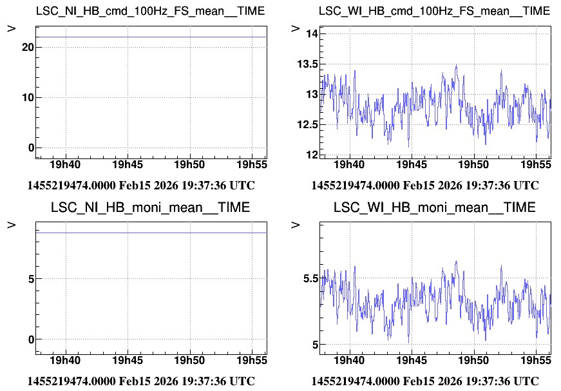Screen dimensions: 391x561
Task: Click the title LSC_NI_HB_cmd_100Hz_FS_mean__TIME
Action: (x=141, y=12)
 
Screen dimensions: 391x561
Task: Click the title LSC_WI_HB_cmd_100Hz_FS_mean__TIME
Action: (x=435, y=12)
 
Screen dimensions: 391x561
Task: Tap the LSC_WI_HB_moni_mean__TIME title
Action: (x=435, y=207)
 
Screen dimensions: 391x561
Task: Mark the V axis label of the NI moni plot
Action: (x=12, y=225)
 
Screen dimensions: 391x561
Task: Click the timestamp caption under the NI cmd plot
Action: (x=141, y=186)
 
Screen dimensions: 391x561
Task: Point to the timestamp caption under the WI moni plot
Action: (x=424, y=381)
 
